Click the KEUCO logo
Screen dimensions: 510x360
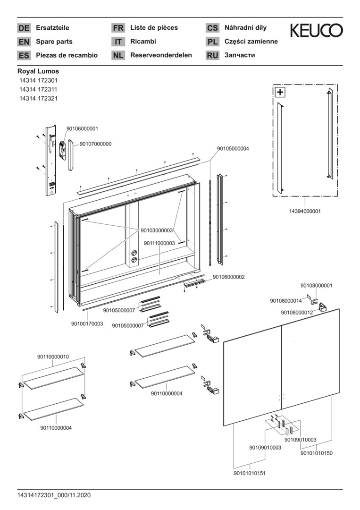(316, 31)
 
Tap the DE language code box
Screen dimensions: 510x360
(24, 28)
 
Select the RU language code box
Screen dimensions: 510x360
(213, 55)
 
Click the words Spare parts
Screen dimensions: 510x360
(54, 42)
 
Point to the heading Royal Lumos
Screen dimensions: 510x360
(38, 71)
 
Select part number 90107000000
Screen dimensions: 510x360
(95, 144)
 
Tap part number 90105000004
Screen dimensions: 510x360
(233, 148)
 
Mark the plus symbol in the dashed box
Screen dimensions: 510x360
(280, 92)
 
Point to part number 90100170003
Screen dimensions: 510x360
(87, 323)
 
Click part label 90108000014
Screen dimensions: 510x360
(286, 300)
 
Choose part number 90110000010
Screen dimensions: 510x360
(53, 357)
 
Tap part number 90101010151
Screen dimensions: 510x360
(250, 473)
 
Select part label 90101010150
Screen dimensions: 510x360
(317, 453)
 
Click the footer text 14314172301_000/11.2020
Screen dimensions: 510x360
(54, 495)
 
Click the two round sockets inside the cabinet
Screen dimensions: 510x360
(133, 256)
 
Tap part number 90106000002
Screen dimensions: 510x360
(228, 277)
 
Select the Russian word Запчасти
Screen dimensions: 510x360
(240, 55)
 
